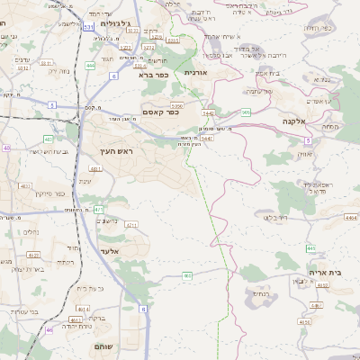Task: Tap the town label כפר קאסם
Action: click(161, 112)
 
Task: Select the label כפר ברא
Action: click(152, 75)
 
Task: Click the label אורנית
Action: click(195, 71)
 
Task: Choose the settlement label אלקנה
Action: click(293, 120)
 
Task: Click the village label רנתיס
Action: click(260, 293)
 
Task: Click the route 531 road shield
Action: click(88, 28)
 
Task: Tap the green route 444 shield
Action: click(90, 66)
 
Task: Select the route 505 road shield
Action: click(245, 112)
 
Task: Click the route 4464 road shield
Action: click(350, 217)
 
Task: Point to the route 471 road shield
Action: click(99, 209)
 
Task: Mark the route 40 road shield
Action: click(6, 148)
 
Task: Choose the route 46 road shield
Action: click(49, 330)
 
